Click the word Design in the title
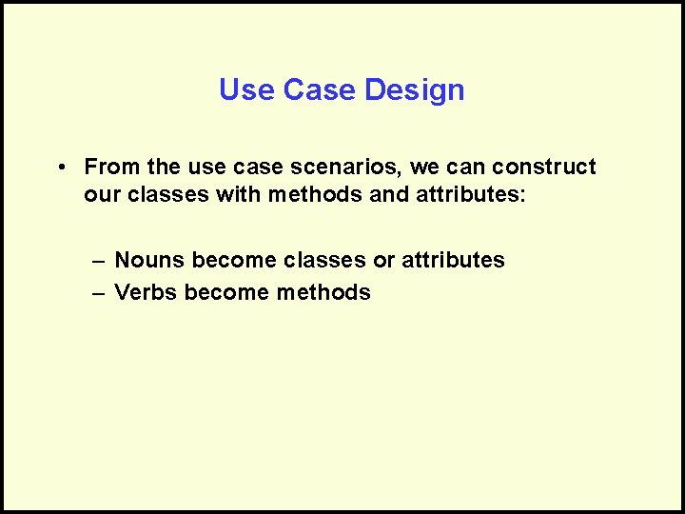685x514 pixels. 418,90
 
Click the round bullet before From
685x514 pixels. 60,168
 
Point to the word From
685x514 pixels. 112,168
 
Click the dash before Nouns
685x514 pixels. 98,260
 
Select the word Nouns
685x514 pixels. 149,260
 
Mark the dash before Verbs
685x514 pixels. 98,292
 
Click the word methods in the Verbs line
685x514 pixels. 323,292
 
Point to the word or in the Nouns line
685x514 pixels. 384,260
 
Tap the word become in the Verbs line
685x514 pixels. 226,292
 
